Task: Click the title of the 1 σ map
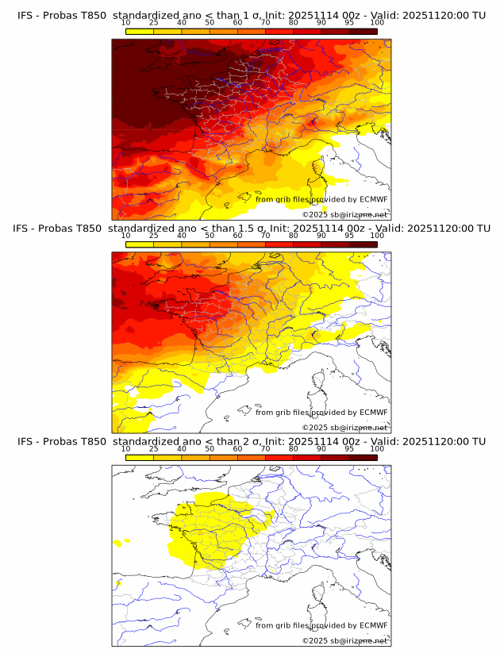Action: pyautogui.click(x=251, y=15)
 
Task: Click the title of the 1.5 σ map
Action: pyautogui.click(x=251, y=229)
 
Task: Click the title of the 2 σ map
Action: pyautogui.click(x=251, y=441)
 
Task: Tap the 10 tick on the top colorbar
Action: pyautogui.click(x=126, y=22)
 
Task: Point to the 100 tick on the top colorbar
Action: pyautogui.click(x=377, y=22)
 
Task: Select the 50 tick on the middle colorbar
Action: pyautogui.click(x=210, y=236)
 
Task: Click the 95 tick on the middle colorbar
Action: pyautogui.click(x=349, y=236)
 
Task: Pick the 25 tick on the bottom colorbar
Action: pyautogui.click(x=154, y=448)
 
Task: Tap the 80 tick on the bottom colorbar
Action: pyautogui.click(x=294, y=448)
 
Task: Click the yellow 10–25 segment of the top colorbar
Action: pyautogui.click(x=140, y=32)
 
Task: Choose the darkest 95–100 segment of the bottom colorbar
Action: pyautogui.click(x=363, y=458)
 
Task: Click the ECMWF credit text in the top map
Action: pyautogui.click(x=321, y=199)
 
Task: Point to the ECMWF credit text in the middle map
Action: pyautogui.click(x=321, y=413)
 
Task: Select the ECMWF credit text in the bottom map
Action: pyautogui.click(x=321, y=625)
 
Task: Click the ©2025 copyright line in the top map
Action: pyautogui.click(x=344, y=215)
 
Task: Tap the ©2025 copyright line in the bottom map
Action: pyautogui.click(x=344, y=640)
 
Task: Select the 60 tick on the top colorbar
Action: pyautogui.click(x=237, y=22)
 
